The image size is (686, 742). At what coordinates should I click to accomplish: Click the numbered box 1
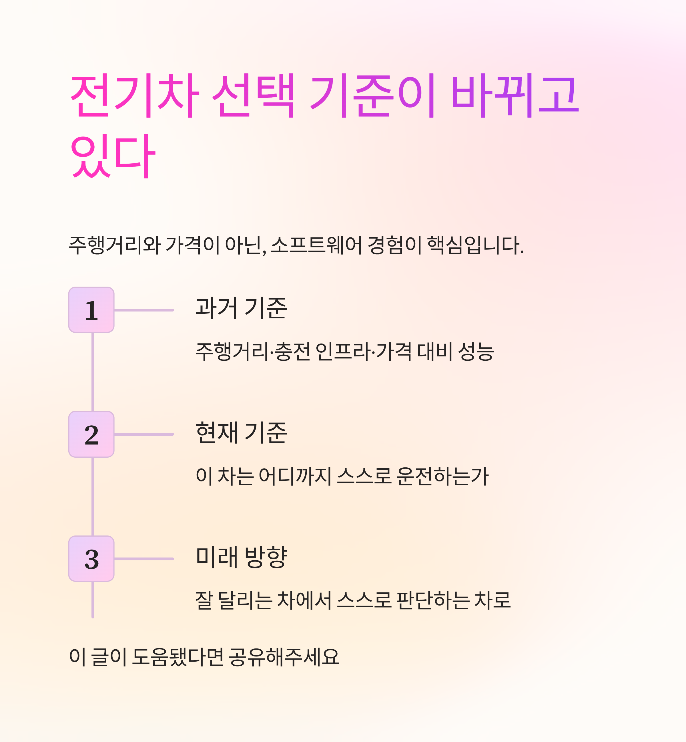tap(91, 310)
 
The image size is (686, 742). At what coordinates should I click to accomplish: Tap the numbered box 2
tap(91, 434)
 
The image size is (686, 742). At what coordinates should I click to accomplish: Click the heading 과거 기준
tap(241, 308)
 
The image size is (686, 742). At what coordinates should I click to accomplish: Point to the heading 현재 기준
tap(241, 433)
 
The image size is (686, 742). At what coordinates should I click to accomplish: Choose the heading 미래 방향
tap(241, 557)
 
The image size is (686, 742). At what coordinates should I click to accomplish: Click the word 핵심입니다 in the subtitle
tap(475, 245)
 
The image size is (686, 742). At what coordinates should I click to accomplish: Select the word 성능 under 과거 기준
tap(476, 352)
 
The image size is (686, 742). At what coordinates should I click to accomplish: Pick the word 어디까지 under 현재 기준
tap(295, 476)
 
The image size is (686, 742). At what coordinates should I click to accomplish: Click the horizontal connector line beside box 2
tap(144, 434)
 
